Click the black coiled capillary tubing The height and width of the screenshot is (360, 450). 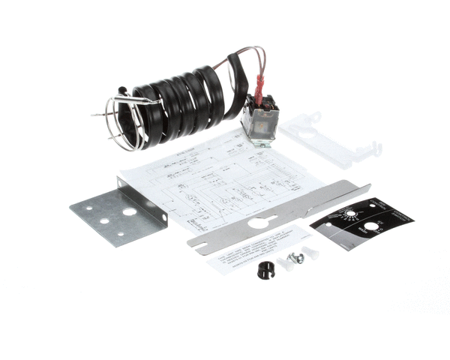click(x=180, y=101)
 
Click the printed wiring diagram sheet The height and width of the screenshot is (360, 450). click(x=217, y=180)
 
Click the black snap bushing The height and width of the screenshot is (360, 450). click(x=264, y=268)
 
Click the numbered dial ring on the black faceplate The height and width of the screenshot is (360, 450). click(x=349, y=217)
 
